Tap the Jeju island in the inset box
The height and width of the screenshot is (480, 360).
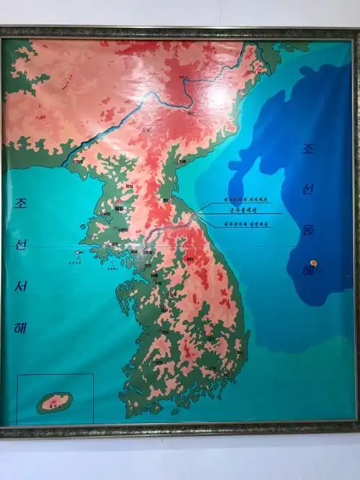(55, 402)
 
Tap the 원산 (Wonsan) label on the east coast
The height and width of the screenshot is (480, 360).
(166, 200)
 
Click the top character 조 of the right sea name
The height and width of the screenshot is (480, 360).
(308, 149)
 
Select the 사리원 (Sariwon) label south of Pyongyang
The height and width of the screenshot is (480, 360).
(123, 229)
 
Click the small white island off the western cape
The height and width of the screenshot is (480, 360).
(78, 253)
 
